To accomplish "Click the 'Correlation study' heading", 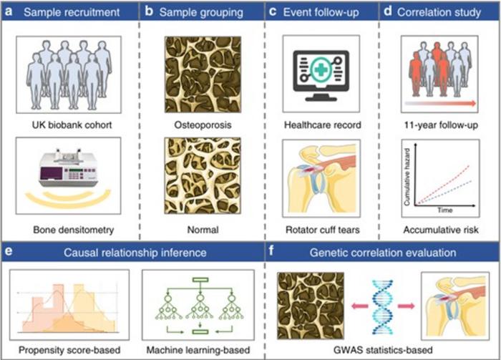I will [440, 11].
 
